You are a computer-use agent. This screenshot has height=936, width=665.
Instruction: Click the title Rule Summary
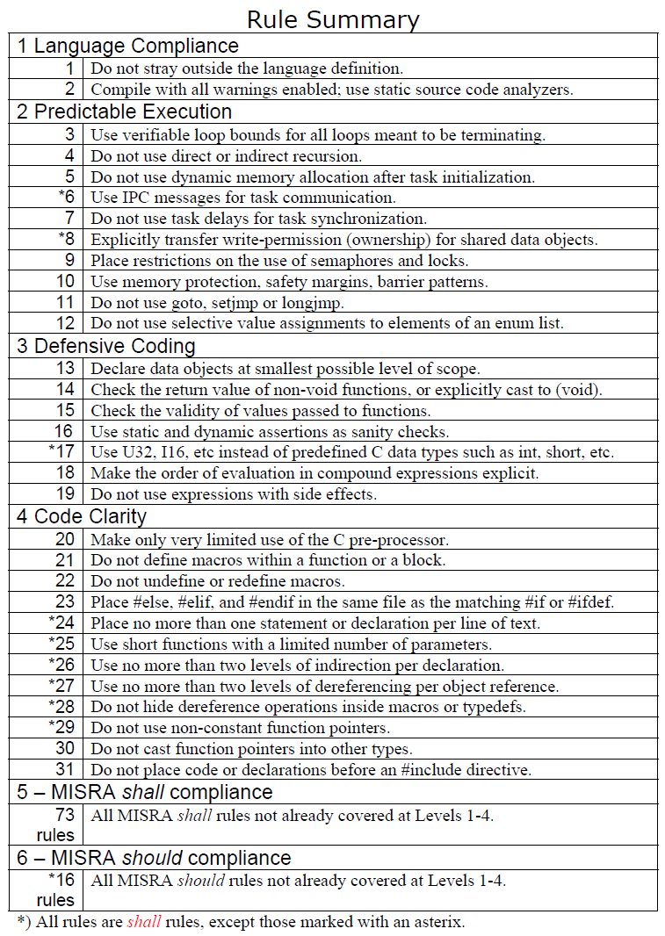pyautogui.click(x=332, y=18)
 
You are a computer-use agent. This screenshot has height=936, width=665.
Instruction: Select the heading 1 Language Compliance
pyautogui.click(x=127, y=46)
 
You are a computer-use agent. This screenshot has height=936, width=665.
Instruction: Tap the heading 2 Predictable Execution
pyautogui.click(x=124, y=112)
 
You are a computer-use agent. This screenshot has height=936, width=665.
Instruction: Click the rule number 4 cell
pyautogui.click(x=69, y=155)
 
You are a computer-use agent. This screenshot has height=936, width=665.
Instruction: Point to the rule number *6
pyautogui.click(x=66, y=198)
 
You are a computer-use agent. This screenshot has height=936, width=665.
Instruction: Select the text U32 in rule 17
pyautogui.click(x=134, y=452)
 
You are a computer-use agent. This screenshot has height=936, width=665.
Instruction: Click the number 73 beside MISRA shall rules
pyautogui.click(x=64, y=816)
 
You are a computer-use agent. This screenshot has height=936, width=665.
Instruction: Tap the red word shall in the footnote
pyautogui.click(x=144, y=922)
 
